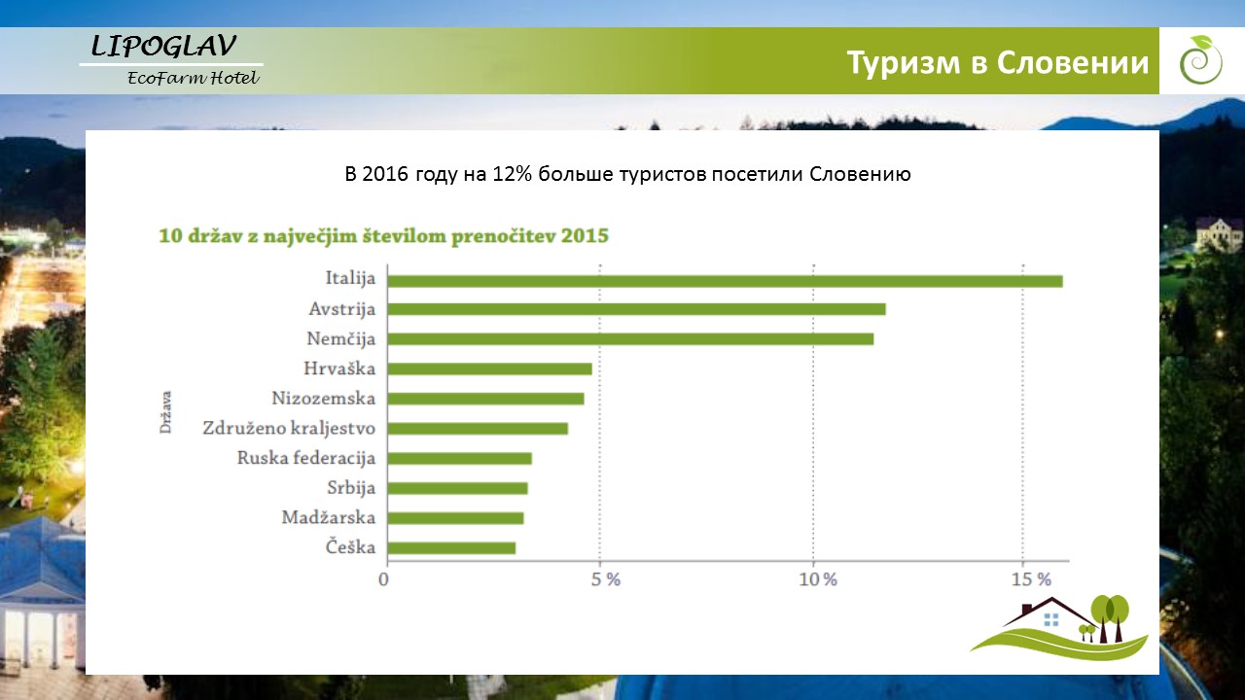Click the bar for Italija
pyautogui.click(x=725, y=281)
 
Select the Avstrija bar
pyautogui.click(x=636, y=309)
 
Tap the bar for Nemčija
pyautogui.click(x=630, y=339)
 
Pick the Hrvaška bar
pyautogui.click(x=489, y=368)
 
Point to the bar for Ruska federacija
pyautogui.click(x=460, y=458)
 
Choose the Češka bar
pyautogui.click(x=451, y=548)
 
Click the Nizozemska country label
pyautogui.click(x=324, y=399)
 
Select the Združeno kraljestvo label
pyautogui.click(x=289, y=429)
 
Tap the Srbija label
pyautogui.click(x=351, y=488)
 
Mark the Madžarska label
pyautogui.click(x=329, y=518)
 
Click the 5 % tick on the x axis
pyautogui.click(x=605, y=580)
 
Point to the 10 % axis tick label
pyautogui.click(x=818, y=580)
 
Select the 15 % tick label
pyautogui.click(x=1031, y=580)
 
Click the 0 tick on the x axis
pyautogui.click(x=383, y=580)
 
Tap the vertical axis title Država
pyautogui.click(x=165, y=412)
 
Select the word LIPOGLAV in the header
pyautogui.click(x=163, y=46)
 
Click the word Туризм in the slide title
pyautogui.click(x=904, y=63)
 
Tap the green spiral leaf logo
pyautogui.click(x=1200, y=60)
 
